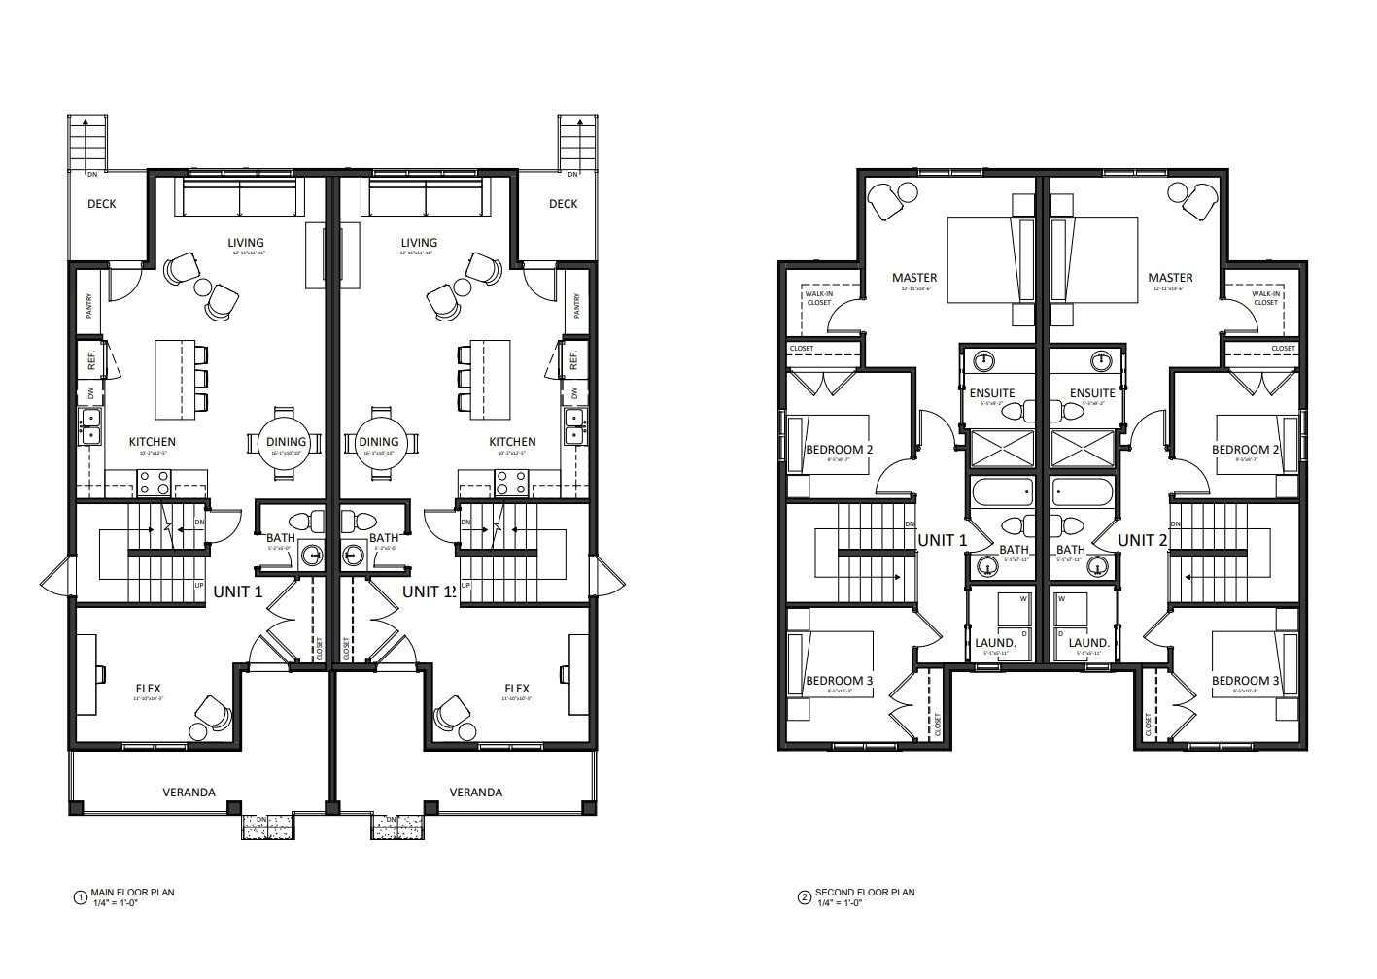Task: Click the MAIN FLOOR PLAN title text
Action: pos(132,892)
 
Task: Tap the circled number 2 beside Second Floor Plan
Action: pos(804,897)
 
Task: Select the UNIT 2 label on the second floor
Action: pos(1142,540)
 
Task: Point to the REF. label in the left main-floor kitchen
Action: pos(92,359)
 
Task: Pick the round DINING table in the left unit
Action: pos(286,442)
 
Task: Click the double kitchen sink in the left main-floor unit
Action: pos(89,426)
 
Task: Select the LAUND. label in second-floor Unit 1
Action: pos(995,643)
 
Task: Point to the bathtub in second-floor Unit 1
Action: pos(1003,492)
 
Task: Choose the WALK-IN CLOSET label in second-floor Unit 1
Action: pos(818,298)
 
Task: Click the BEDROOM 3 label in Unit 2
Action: pos(1245,681)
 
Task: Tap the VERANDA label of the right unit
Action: pos(476,793)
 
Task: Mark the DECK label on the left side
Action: pos(102,204)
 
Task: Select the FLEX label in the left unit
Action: pos(149,690)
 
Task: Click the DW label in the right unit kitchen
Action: pos(574,393)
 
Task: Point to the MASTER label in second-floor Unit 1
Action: pos(914,278)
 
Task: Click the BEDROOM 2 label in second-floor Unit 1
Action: pos(840,450)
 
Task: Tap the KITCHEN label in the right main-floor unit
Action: pos(512,442)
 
